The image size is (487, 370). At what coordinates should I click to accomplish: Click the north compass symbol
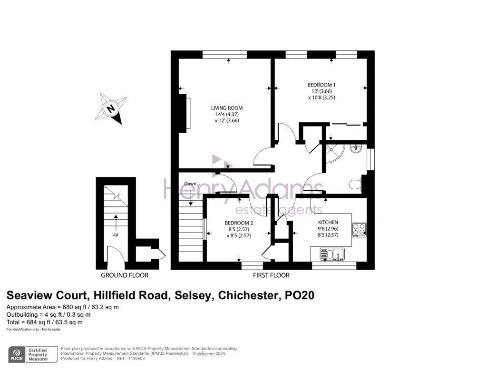click(x=112, y=108)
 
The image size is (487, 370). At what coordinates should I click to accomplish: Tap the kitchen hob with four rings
click(x=359, y=230)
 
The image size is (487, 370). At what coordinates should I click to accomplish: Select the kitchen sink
click(x=332, y=255)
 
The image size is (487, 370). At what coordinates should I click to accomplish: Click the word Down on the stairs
click(x=190, y=184)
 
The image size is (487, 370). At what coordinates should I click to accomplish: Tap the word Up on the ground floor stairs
click(x=115, y=234)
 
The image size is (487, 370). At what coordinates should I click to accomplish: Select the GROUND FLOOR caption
click(x=125, y=275)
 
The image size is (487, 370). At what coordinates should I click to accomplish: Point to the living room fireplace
click(x=184, y=112)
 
